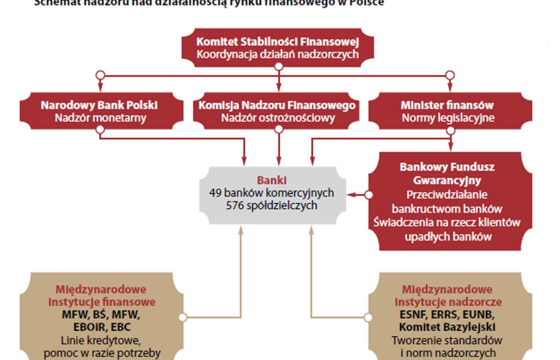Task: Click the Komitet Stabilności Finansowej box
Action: pyautogui.click(x=278, y=48)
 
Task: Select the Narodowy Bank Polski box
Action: pyautogui.click(x=100, y=112)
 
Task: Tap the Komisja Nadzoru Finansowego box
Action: pyautogui.click(x=278, y=112)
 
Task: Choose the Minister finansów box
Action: pyautogui.click(x=448, y=112)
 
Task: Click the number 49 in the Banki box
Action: pyautogui.click(x=215, y=193)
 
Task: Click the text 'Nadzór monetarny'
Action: pyautogui.click(x=100, y=118)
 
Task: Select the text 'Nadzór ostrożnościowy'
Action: pyautogui.click(x=278, y=118)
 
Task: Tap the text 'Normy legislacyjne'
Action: pyautogui.click(x=448, y=118)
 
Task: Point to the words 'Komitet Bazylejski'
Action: pyautogui.click(x=447, y=327)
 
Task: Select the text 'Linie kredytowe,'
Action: pyautogui.click(x=101, y=340)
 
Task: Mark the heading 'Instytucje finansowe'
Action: pyautogui.click(x=102, y=302)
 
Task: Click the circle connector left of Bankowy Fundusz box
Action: pyautogui.click(x=368, y=195)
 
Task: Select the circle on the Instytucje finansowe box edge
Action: pyautogui.click(x=183, y=318)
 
